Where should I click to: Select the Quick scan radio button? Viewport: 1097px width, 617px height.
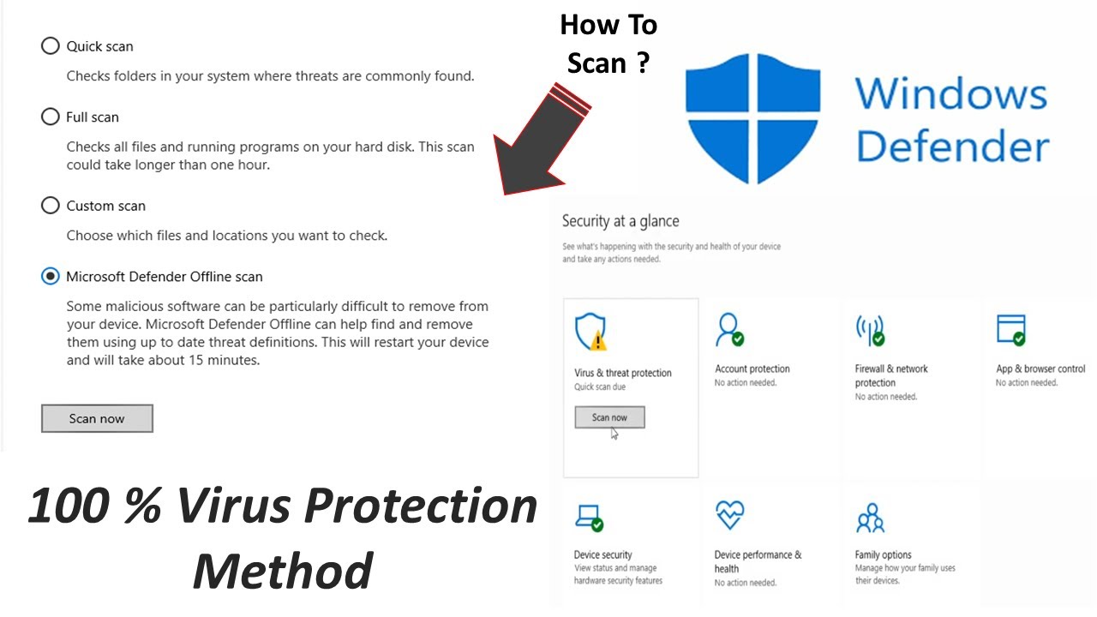coord(51,46)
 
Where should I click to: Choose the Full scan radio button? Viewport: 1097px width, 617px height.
coord(51,117)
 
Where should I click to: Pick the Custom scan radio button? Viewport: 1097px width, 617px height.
coord(51,206)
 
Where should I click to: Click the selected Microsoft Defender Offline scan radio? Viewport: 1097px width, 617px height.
coord(51,276)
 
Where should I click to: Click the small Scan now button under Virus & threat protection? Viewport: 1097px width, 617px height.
coord(609,417)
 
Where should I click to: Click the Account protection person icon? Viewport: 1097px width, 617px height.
coord(729,330)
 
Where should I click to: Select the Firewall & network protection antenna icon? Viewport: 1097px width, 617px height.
coord(870,330)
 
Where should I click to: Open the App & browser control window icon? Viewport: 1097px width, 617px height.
coord(1011,329)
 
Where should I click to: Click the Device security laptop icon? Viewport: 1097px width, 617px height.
coord(589,516)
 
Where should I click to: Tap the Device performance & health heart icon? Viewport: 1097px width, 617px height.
coord(729,515)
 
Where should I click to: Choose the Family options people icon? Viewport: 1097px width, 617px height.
coord(870,518)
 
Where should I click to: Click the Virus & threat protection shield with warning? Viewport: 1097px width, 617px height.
coord(590,332)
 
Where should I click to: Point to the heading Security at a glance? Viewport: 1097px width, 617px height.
coord(620,221)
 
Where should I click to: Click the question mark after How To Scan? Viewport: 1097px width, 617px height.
coord(643,63)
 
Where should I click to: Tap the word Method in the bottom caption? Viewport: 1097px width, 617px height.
coord(283,571)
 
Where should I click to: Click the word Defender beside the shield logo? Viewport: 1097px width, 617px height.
coord(952,147)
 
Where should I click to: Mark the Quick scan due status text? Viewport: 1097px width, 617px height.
coord(600,387)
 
